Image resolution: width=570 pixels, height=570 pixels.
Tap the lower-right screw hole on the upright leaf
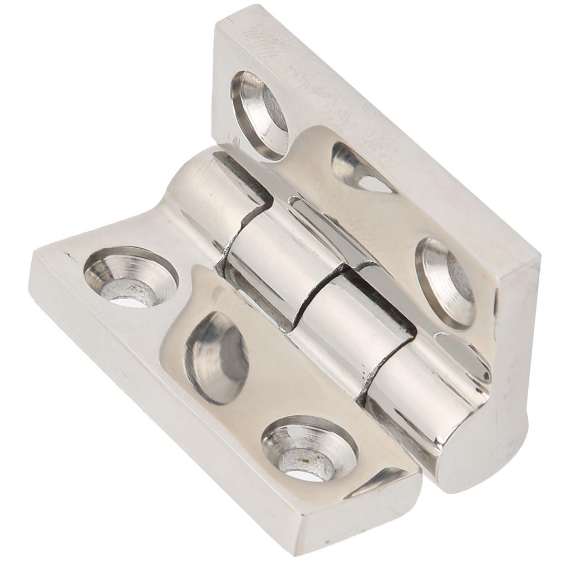point(445,281)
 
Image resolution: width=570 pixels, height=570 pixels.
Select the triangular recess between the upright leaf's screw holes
point(361,168)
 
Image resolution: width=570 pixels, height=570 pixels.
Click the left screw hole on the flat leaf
point(130,276)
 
